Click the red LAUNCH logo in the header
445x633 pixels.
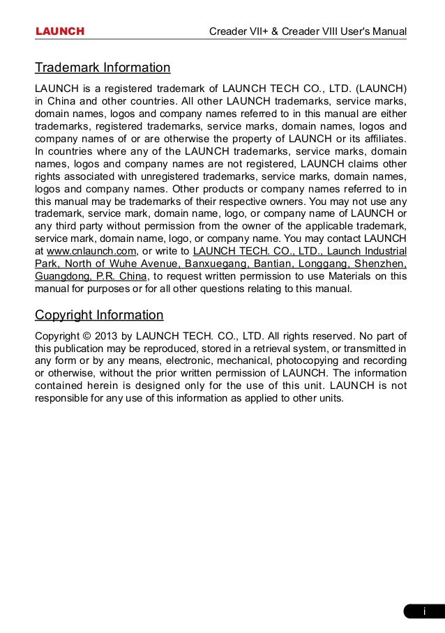coord(60,31)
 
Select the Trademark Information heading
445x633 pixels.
coord(103,68)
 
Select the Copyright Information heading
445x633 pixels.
coord(99,314)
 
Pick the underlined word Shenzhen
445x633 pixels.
coord(381,264)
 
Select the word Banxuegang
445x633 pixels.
coord(214,264)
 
